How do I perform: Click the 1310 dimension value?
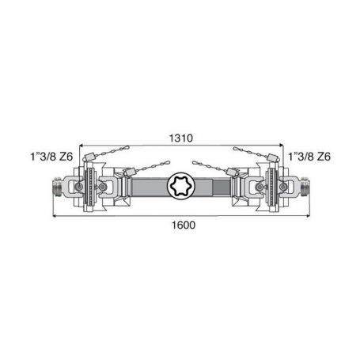tap(181, 138)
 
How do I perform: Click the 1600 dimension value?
tap(184, 225)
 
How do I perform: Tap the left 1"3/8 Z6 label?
tap(51, 157)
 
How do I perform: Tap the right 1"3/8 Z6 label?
tap(309, 157)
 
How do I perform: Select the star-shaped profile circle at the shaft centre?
tap(181, 186)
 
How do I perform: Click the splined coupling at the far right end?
tap(305, 186)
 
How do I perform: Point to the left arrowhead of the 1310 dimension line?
tap(81, 145)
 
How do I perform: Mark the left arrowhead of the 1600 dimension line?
tap(55, 216)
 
